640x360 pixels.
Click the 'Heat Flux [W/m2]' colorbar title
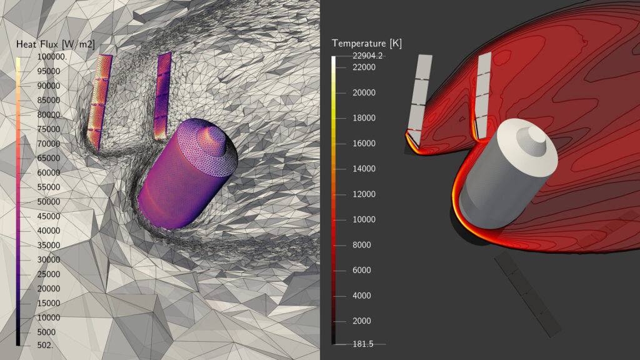point(56,44)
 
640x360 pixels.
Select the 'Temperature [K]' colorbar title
point(366,43)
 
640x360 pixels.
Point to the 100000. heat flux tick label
point(52,57)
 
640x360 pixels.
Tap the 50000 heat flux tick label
point(49,202)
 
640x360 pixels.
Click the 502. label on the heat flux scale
point(45,345)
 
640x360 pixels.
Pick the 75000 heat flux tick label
point(49,129)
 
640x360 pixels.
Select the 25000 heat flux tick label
point(49,274)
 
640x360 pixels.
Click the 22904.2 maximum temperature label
point(367,56)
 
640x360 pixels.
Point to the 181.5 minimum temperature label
point(363,344)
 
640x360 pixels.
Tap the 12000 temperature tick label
point(364,194)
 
